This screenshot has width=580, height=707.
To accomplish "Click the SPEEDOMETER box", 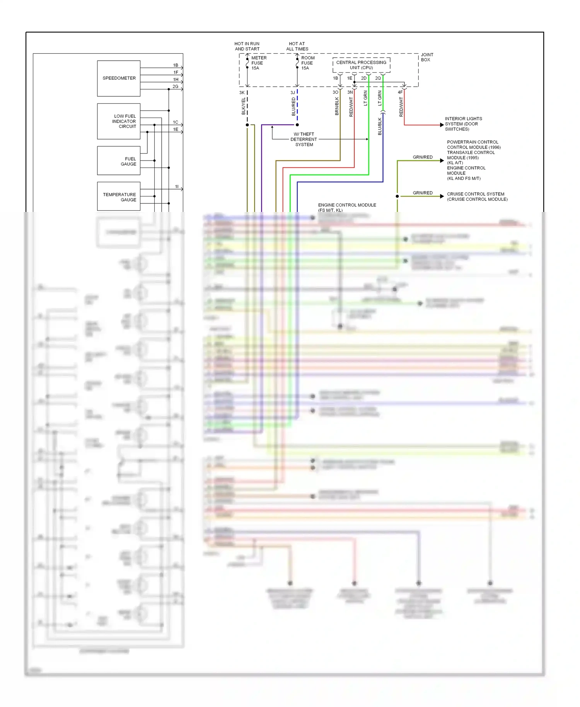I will click(x=119, y=78).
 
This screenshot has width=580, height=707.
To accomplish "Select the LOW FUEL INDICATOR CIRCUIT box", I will click(x=119, y=121).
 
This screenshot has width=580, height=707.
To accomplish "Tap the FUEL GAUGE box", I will click(x=119, y=161).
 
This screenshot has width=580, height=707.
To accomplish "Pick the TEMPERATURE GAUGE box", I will click(x=119, y=196).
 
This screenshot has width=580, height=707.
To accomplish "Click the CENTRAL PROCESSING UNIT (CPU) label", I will click(x=361, y=65).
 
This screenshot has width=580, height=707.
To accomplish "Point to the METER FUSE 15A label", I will click(x=258, y=63).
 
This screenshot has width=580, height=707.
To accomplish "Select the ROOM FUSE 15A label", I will click(x=308, y=63).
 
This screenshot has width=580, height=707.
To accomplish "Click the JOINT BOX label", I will click(x=427, y=57).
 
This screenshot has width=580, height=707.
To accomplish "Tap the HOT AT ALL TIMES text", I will click(x=297, y=46).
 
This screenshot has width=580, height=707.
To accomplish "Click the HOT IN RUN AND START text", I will click(x=247, y=46).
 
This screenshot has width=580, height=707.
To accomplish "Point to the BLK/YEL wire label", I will click(x=244, y=106).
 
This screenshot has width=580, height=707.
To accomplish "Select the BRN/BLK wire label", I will click(x=337, y=106).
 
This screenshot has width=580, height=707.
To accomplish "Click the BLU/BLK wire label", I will click(x=380, y=126).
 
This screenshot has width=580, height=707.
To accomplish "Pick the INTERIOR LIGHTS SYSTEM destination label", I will click(x=463, y=124).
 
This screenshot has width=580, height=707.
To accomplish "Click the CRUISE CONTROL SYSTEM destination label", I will click(x=477, y=196).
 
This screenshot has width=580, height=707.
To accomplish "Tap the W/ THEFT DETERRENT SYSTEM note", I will click(x=304, y=139).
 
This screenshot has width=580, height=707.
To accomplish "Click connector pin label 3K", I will click(x=242, y=93).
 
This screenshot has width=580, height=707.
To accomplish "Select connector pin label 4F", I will click(x=400, y=92).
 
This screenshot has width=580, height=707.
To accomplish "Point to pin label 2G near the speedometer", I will click(x=175, y=87).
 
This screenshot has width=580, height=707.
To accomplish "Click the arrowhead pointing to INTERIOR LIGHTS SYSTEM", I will click(x=442, y=125).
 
